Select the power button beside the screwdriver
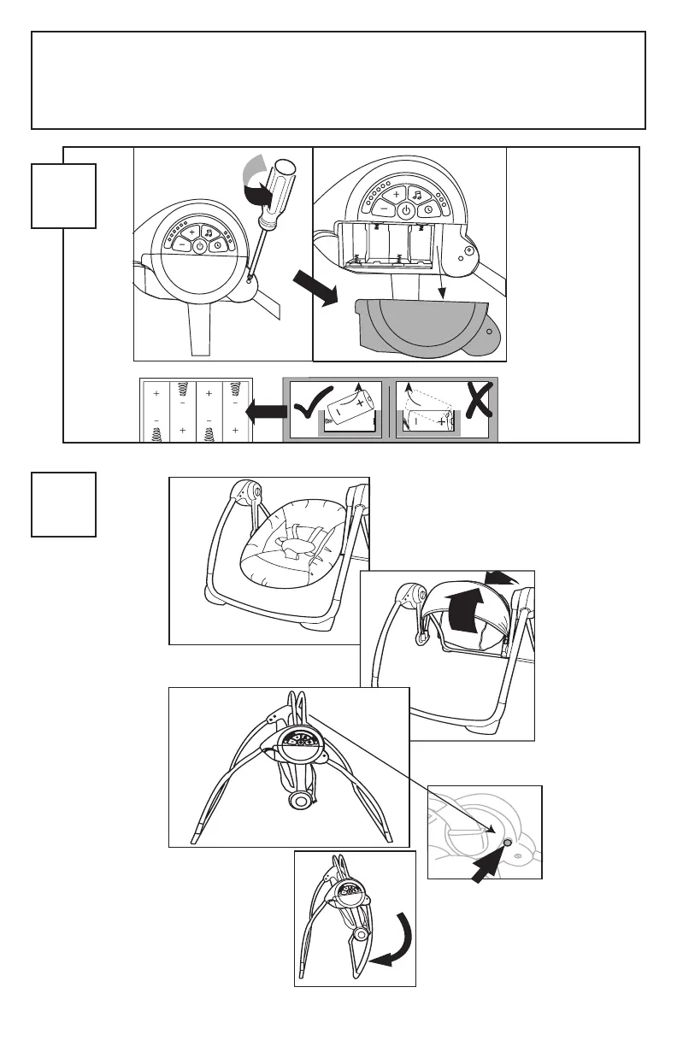(x=198, y=245)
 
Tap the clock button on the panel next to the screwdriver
(x=218, y=245)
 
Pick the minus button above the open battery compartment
(x=384, y=209)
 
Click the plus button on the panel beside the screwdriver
(x=192, y=232)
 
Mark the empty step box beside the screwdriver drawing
(x=63, y=197)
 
